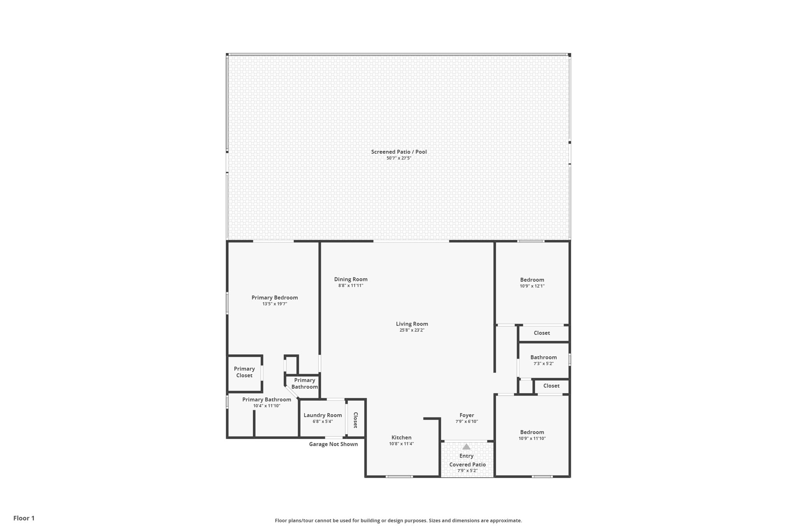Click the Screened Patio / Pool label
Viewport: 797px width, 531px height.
[398, 152]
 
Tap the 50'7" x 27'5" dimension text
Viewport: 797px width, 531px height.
[398, 158]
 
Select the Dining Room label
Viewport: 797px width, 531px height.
[351, 279]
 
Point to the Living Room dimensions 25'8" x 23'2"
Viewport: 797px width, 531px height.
[412, 330]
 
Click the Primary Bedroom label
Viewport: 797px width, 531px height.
[274, 298]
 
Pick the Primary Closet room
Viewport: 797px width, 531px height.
[244, 372]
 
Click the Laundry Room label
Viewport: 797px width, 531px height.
[323, 415]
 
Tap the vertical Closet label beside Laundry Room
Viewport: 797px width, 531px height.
[355, 420]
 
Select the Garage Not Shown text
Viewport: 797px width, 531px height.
[333, 444]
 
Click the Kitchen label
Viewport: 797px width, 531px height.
[401, 438]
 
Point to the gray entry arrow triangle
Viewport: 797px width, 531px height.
[466, 447]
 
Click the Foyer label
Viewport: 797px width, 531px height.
[467, 415]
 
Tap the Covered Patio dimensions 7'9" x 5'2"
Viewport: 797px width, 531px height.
[467, 471]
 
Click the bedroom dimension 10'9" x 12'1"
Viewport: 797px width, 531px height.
[532, 286]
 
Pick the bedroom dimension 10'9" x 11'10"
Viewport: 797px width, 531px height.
[532, 438]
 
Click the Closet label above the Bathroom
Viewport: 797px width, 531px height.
[542, 333]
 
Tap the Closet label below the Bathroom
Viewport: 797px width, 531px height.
[551, 386]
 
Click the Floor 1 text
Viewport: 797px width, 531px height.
[24, 518]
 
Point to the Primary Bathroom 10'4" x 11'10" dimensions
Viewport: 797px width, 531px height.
[267, 406]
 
